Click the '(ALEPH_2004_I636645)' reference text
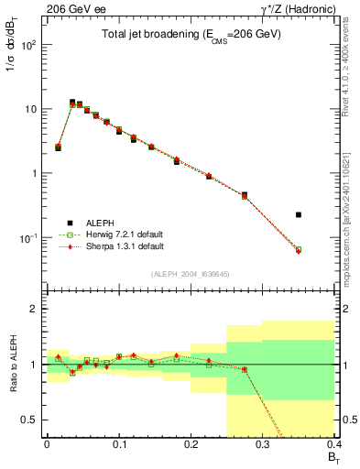coord(191,273)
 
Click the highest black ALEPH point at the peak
coord(72,102)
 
